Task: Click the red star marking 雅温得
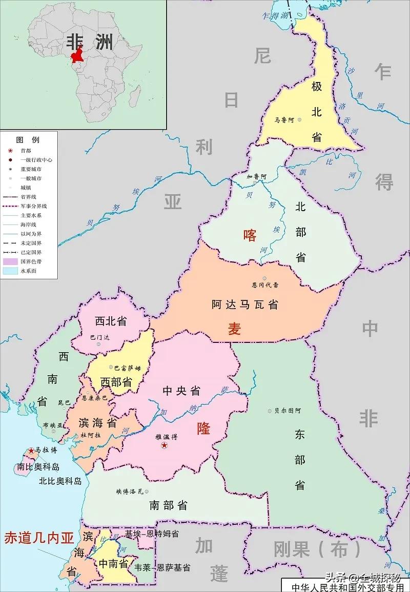coord(164,446)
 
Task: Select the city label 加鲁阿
coord(256,176)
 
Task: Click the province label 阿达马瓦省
coord(245,304)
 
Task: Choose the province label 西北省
coord(111,321)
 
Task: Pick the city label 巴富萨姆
coord(127,368)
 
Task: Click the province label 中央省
coord(181,391)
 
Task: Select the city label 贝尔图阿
coord(288,411)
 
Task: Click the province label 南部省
coord(168,505)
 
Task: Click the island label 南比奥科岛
coord(38,467)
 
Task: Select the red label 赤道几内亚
coord(39,538)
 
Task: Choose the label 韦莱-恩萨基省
coord(162,567)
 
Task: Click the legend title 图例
coord(28,139)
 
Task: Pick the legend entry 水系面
coord(28,271)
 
